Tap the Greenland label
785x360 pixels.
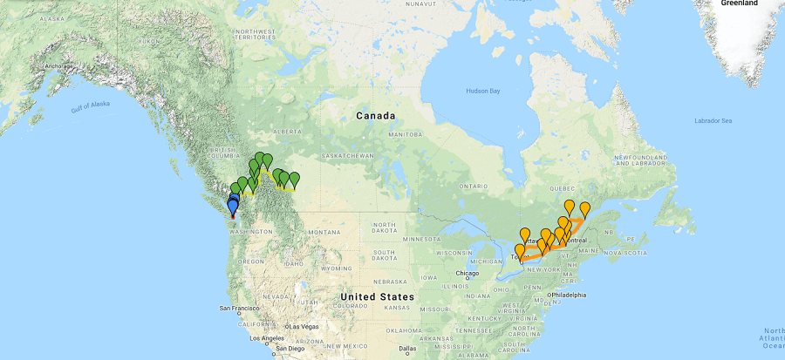point(740,3)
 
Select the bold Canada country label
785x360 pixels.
point(375,115)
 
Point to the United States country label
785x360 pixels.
point(378,296)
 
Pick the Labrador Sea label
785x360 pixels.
point(713,119)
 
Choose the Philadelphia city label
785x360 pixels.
point(566,295)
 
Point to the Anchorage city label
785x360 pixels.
point(54,66)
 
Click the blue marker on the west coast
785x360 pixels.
point(232,206)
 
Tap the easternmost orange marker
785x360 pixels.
point(585,209)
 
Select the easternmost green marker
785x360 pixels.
point(295,180)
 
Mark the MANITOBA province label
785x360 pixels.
point(399,135)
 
